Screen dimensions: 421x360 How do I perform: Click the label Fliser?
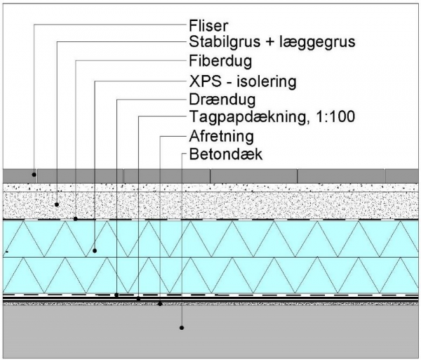pos(208,26)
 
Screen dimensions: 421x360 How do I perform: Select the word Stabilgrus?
pos(225,42)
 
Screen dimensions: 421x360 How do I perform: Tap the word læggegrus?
pos(317,43)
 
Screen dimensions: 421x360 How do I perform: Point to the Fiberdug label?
pos(220,62)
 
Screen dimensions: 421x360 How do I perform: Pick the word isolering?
pos(267,81)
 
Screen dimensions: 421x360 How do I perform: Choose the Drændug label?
pos(222,100)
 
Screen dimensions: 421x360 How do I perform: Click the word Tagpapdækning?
pos(248,117)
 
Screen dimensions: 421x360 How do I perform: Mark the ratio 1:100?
pos(335,116)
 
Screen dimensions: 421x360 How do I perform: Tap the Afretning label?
pos(221,136)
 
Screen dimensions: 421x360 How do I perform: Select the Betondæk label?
pos(225,154)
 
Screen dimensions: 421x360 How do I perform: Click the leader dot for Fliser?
pos(34,175)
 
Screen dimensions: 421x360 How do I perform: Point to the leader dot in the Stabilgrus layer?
pos(57,205)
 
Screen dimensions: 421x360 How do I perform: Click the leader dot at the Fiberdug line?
pos(76,219)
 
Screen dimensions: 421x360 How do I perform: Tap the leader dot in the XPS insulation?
pos(95,251)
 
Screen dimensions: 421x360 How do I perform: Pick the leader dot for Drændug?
pos(116,295)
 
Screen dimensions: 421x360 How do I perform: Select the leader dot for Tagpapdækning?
pos(138,298)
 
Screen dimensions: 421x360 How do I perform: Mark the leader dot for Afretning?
pos(160,304)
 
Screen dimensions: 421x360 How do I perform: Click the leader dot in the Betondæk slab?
pos(182,328)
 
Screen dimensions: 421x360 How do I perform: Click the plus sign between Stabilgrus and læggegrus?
pos(270,42)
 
